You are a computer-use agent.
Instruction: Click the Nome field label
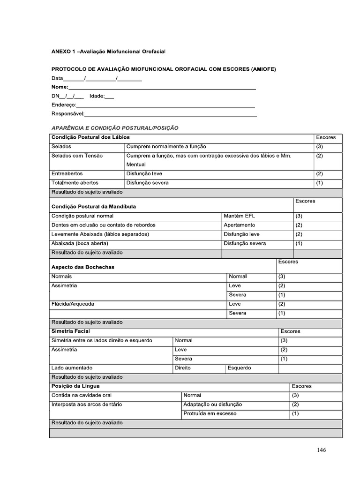tap(60, 87)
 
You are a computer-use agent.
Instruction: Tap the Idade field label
tap(97, 96)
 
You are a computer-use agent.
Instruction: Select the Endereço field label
tap(63, 105)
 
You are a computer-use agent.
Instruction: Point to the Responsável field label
tap(67, 114)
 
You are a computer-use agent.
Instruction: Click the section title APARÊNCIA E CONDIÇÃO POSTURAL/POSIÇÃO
tap(115, 127)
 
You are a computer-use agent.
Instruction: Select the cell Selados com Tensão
tap(77, 156)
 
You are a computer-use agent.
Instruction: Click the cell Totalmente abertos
tap(75, 183)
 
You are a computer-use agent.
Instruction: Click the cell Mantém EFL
tap(239, 216)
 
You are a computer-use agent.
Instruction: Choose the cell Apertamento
tap(239, 225)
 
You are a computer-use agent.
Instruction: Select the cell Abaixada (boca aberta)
tap(80, 243)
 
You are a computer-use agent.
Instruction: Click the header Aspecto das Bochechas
tap(82, 267)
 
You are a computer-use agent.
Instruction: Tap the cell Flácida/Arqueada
tap(73, 304)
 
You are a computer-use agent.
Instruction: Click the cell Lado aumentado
tap(72, 368)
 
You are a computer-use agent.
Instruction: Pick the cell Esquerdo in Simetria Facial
tap(239, 368)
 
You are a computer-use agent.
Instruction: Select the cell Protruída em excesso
tap(210, 413)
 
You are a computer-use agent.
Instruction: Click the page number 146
tap(321, 450)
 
